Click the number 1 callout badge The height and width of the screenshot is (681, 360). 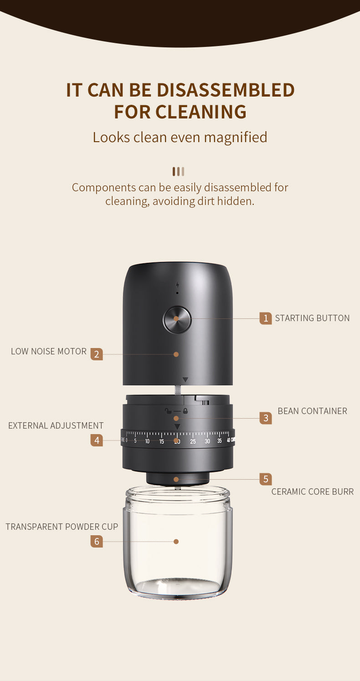tap(266, 318)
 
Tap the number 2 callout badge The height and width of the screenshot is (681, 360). tap(97, 354)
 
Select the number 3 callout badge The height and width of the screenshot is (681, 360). tap(266, 418)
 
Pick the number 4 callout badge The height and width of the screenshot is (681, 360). tap(97, 440)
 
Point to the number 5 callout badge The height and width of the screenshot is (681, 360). tap(266, 479)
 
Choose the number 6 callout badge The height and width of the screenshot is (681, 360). tap(97, 542)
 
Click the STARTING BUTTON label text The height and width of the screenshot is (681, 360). tap(312, 318)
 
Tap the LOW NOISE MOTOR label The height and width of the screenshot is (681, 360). tap(49, 351)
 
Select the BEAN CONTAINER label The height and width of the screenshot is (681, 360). tap(312, 411)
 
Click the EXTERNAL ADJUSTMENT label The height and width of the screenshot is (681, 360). tap(56, 425)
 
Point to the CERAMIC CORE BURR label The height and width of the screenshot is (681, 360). tap(312, 492)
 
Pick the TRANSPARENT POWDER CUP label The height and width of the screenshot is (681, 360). tap(62, 527)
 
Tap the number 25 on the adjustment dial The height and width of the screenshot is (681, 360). tap(193, 441)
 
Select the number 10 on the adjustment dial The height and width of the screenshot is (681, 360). tap(147, 441)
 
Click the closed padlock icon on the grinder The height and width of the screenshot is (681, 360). tap(185, 411)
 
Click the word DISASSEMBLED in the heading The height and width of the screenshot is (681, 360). tap(226, 90)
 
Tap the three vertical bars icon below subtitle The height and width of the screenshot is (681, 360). tap(178, 171)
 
